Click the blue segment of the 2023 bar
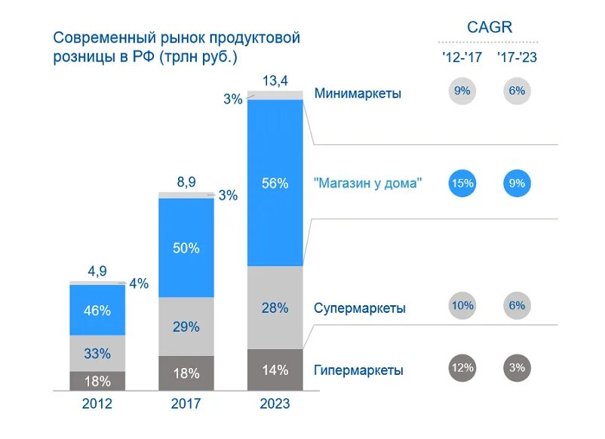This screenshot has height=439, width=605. (x=275, y=182)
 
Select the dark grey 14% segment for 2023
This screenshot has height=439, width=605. (x=275, y=369)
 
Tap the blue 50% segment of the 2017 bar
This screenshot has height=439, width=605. (x=186, y=248)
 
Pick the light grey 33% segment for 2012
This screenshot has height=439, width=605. (x=97, y=353)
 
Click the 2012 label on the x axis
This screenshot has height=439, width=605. (x=97, y=403)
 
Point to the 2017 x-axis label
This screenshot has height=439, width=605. (x=186, y=403)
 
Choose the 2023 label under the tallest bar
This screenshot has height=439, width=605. (x=275, y=403)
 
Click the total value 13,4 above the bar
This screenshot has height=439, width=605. (x=275, y=80)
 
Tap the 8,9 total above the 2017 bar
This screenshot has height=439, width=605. (x=186, y=182)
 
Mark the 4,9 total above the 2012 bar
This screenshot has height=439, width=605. (x=97, y=271)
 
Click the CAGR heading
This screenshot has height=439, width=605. (x=489, y=27)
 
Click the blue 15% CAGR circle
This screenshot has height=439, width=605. (x=462, y=182)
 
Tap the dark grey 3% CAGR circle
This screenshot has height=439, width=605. (x=517, y=368)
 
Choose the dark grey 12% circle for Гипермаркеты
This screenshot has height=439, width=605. (x=462, y=368)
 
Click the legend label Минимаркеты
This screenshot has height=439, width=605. (x=358, y=94)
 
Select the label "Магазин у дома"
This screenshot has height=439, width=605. (x=367, y=183)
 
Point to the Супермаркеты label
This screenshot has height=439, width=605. (x=360, y=308)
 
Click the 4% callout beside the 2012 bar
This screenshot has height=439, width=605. (x=139, y=284)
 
